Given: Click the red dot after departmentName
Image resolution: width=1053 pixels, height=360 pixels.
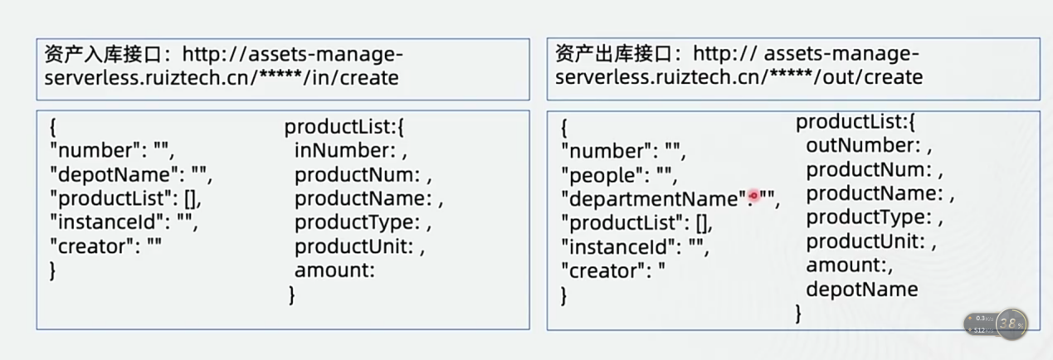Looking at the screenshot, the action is tap(754, 196).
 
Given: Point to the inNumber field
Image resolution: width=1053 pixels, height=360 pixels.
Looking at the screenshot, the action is tap(344, 151).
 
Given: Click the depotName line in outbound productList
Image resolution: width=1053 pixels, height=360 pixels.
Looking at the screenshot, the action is tap(861, 289).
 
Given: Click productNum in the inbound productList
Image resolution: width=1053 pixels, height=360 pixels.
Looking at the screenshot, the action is tap(357, 175).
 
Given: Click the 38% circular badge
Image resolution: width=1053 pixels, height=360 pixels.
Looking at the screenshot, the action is tap(1011, 324).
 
